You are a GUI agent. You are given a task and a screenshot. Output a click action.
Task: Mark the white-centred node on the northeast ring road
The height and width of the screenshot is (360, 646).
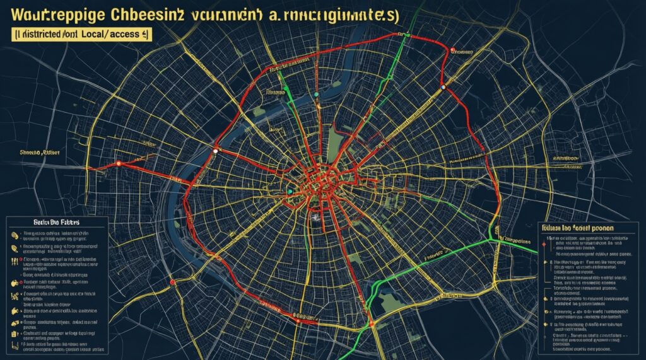pos(444,86)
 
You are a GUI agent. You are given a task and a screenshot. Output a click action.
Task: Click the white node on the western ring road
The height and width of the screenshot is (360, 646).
pos(215,151)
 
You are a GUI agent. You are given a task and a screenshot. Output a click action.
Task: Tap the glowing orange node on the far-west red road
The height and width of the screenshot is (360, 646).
pos(118,164)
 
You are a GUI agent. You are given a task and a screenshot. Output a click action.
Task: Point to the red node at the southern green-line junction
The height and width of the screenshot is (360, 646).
pos(373,323)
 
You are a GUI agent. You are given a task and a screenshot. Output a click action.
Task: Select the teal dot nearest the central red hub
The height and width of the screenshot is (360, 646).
pos(290,190)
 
